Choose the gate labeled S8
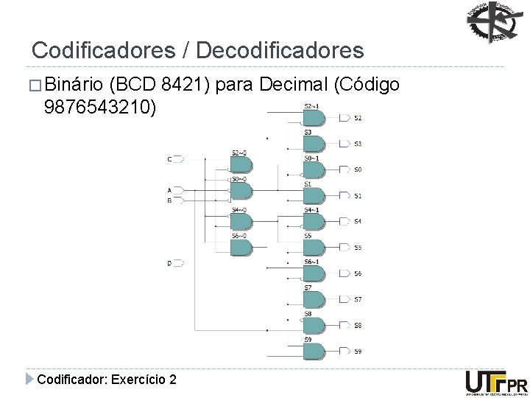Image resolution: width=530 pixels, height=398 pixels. click(x=313, y=324)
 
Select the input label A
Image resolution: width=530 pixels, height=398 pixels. click(x=169, y=189)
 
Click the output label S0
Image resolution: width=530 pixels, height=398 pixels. click(x=358, y=170)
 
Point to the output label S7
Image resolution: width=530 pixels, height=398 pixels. click(x=358, y=299)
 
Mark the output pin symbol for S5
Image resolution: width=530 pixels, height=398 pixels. click(x=344, y=247)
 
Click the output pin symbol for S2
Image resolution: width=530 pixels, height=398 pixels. click(x=344, y=118)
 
